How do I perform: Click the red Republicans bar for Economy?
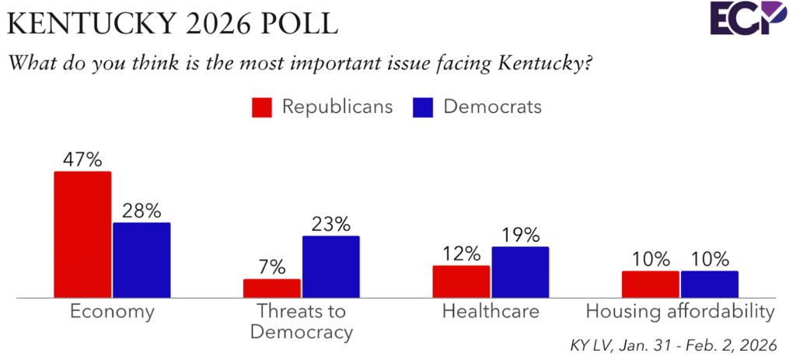[x=82, y=234]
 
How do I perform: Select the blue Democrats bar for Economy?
[x=141, y=260]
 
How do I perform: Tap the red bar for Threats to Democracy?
[x=271, y=288]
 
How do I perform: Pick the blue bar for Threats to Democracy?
[x=330, y=267]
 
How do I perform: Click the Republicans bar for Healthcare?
[x=461, y=281]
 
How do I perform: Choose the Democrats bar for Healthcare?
[x=520, y=272]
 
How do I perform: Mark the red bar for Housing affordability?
[x=651, y=284]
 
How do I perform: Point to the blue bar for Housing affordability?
[x=709, y=284]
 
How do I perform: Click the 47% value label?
[x=82, y=160]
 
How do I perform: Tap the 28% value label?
[x=141, y=211]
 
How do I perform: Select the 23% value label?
[x=330, y=224]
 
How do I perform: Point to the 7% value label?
[x=271, y=267]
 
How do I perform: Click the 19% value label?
[x=520, y=236]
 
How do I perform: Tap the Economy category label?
[x=112, y=313]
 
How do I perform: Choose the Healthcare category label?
[x=490, y=313]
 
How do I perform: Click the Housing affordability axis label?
[x=680, y=313]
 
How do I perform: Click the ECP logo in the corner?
[x=748, y=18]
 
